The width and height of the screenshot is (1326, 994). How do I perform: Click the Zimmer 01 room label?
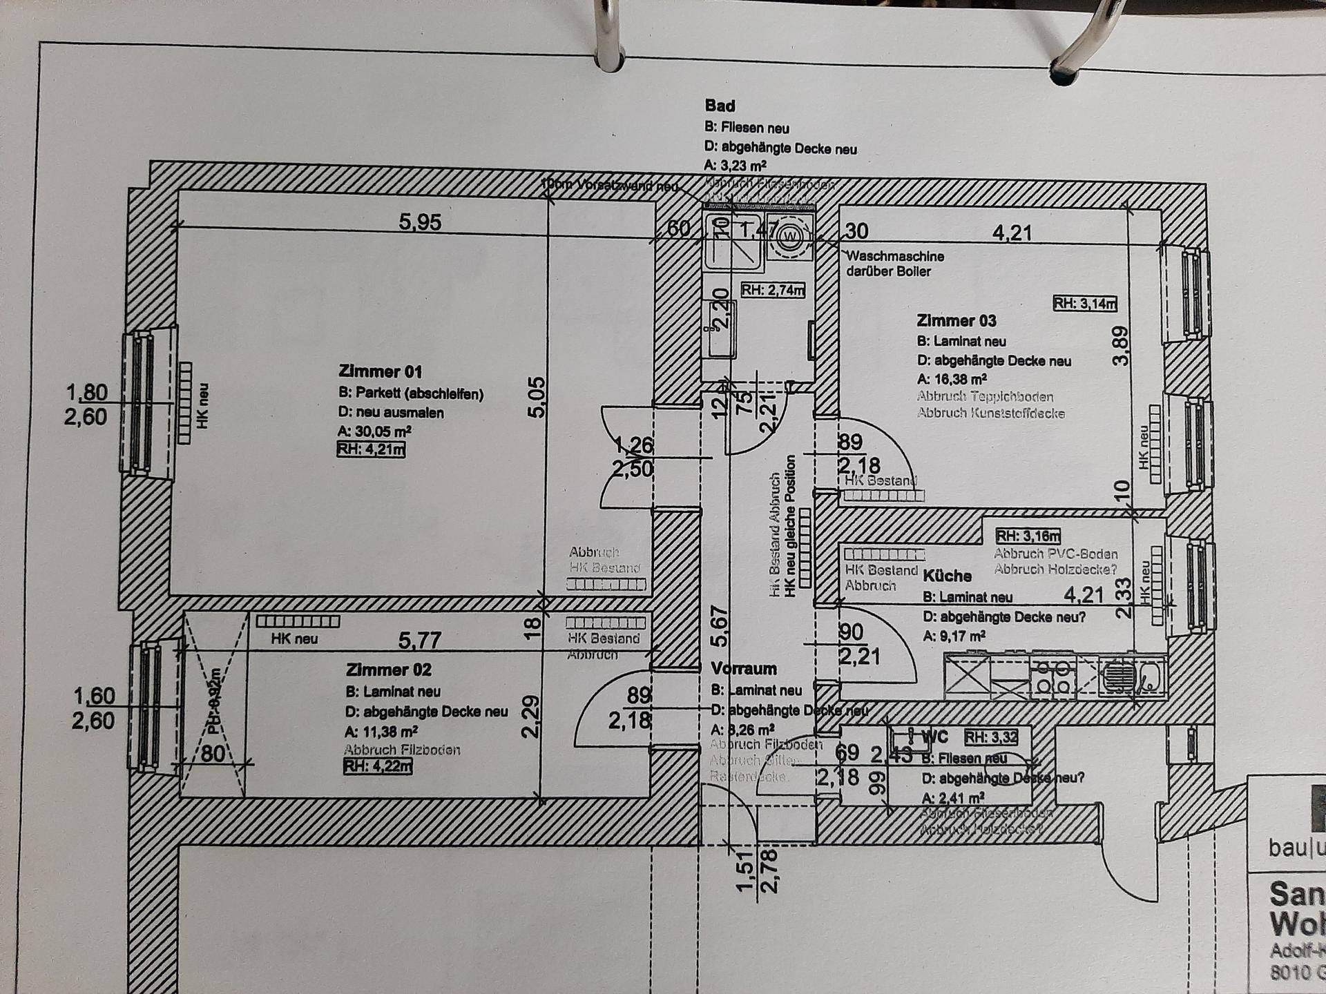(380, 371)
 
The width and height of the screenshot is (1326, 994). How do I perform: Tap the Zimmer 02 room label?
(388, 670)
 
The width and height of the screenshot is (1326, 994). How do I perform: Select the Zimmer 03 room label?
(956, 321)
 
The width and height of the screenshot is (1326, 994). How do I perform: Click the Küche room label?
(947, 576)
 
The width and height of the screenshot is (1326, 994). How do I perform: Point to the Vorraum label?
(744, 668)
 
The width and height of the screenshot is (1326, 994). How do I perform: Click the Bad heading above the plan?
(719, 106)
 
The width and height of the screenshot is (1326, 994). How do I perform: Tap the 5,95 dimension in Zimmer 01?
(420, 222)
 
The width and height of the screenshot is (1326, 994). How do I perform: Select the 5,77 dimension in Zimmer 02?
(419, 640)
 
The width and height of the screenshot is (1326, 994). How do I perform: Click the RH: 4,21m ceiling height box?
(371, 450)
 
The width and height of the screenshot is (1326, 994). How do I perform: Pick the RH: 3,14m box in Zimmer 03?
(1084, 303)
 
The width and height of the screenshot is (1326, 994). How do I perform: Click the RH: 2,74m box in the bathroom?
(773, 291)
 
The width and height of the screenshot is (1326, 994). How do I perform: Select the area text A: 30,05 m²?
(374, 431)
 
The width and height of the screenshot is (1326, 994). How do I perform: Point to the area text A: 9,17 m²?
(954, 636)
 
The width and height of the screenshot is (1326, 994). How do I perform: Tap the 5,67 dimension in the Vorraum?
(719, 626)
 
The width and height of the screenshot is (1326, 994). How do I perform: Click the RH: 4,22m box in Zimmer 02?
(378, 766)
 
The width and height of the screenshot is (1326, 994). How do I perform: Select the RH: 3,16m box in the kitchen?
(1028, 536)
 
